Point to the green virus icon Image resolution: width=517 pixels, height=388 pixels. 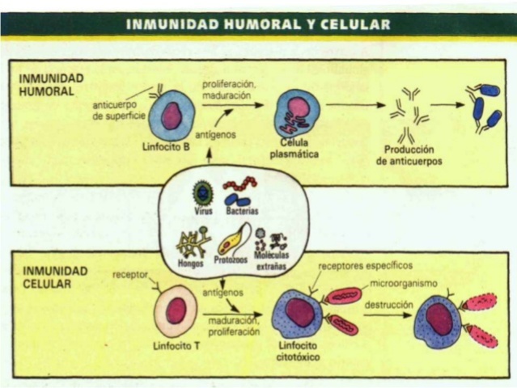coord(202,193)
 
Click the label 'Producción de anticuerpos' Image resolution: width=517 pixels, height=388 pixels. coord(410,155)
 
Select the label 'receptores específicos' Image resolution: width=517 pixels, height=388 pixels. coord(365,265)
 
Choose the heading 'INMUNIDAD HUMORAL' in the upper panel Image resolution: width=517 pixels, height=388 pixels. coord(47,85)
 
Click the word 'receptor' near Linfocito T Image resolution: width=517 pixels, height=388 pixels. coord(129,275)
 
